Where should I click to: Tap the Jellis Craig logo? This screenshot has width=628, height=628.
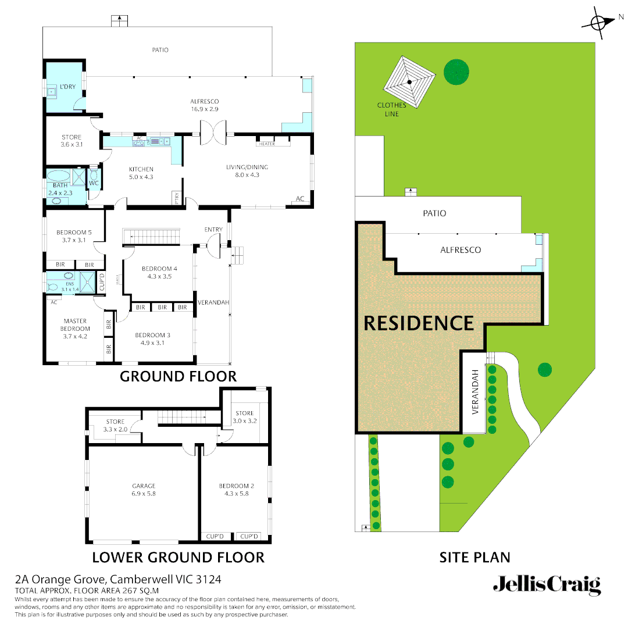(547, 584)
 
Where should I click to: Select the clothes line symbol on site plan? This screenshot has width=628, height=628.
(410, 82)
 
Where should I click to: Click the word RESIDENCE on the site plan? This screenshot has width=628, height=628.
(419, 323)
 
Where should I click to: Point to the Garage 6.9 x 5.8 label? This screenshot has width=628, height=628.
(144, 490)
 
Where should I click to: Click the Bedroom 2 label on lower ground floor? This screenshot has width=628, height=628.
(236, 490)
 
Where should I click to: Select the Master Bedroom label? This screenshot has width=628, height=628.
(76, 329)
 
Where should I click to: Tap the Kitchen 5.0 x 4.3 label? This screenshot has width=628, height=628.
(141, 173)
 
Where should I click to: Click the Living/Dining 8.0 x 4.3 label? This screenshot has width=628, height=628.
(247, 171)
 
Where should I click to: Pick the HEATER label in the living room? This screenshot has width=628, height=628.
(267, 144)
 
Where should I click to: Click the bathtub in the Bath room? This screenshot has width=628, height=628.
(58, 176)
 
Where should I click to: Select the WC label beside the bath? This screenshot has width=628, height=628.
(94, 183)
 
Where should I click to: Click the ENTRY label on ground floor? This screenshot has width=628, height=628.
(213, 230)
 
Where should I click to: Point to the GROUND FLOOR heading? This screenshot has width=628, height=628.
(178, 376)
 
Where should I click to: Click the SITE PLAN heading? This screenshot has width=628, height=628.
(474, 557)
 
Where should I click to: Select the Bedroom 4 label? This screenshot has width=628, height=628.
(159, 273)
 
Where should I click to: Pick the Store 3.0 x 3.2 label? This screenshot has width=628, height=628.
(244, 417)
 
